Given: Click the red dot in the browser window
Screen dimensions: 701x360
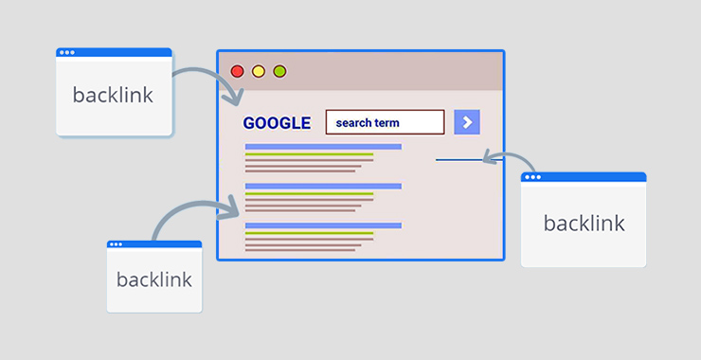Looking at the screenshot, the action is click(x=237, y=71).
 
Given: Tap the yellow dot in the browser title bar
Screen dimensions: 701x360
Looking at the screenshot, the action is click(x=259, y=71).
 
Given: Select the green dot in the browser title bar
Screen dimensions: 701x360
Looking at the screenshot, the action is click(x=279, y=71).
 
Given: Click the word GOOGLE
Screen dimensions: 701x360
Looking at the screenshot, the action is click(x=277, y=123).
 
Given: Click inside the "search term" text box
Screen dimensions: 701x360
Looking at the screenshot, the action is click(x=385, y=122).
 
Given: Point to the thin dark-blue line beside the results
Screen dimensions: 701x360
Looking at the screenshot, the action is click(x=457, y=160).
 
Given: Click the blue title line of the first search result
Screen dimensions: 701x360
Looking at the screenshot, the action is click(x=323, y=147).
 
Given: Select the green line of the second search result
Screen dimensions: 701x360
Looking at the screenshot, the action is click(x=309, y=193).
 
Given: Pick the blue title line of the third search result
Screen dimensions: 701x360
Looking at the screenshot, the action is click(x=323, y=225).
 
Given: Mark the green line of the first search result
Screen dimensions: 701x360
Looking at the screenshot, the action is click(x=309, y=154).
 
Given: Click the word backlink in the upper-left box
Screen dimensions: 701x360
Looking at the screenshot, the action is click(x=113, y=95).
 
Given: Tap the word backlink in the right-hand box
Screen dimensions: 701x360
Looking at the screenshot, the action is click(x=584, y=223).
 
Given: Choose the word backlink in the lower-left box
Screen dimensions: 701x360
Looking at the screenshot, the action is click(x=153, y=279).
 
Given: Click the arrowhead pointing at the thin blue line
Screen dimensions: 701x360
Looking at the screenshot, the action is click(x=487, y=158).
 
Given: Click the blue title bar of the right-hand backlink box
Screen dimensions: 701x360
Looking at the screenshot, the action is click(x=584, y=177).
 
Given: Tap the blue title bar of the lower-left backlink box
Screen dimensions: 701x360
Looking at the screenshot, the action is click(x=154, y=244).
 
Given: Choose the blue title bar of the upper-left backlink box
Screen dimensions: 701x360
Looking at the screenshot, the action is click(x=114, y=52).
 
